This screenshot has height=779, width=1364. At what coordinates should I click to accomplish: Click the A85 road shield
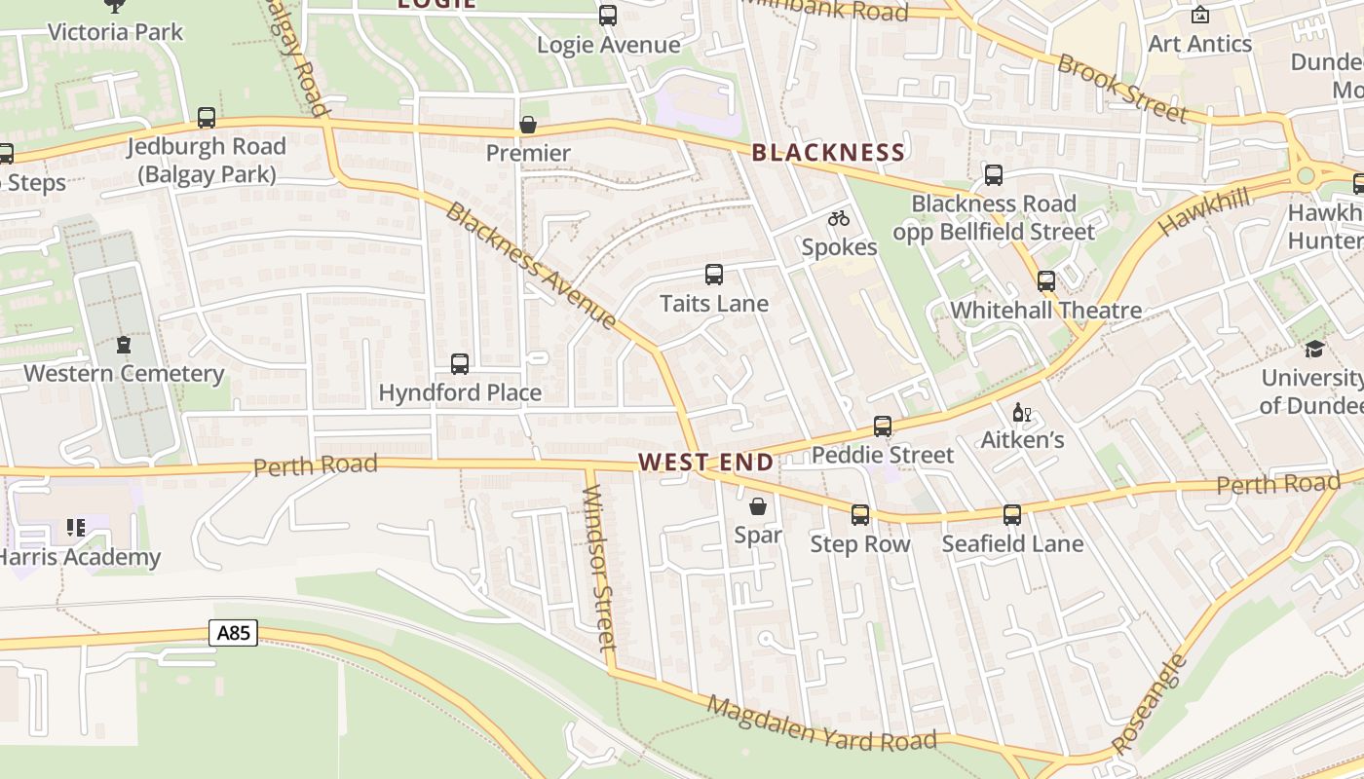[234, 634]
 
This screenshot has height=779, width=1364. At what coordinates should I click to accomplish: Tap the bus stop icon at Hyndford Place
[460, 364]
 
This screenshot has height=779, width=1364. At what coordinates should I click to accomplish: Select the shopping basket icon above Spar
[758, 506]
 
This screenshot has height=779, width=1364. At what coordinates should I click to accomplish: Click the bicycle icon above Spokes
[839, 219]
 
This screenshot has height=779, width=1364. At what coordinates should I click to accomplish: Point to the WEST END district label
[706, 463]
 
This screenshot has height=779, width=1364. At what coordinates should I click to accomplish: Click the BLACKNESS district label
[828, 152]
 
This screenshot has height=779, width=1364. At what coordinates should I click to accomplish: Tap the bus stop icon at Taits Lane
[714, 275]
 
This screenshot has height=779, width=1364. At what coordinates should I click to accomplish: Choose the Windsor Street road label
[598, 564]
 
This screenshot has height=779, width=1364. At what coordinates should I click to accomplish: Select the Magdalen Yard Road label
[822, 724]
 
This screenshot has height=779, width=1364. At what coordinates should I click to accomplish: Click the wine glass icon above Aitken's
[1021, 413]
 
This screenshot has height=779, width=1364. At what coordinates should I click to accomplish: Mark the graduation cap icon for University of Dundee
[1314, 349]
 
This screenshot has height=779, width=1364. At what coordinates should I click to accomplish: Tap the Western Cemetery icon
[124, 345]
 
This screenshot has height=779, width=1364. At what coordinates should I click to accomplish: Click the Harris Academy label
[80, 557]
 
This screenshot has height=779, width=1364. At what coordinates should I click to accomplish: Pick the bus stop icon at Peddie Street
[883, 427]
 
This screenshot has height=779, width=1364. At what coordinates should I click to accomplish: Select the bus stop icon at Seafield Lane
[1012, 515]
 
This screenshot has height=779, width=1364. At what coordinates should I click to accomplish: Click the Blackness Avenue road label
[531, 265]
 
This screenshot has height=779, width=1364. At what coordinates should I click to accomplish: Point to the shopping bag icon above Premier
[528, 125]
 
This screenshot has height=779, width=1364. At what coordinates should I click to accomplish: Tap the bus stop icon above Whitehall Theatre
[1046, 281]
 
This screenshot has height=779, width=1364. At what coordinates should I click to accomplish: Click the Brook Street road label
[1122, 90]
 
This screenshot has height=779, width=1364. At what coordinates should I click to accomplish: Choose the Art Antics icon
[1200, 15]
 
